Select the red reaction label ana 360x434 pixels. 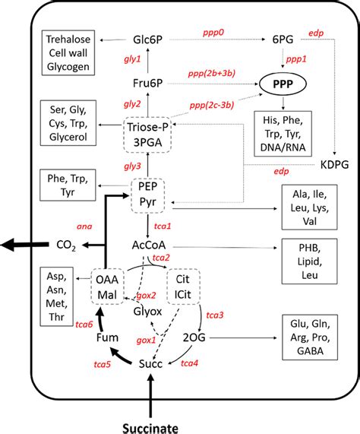click(x=84, y=226)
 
